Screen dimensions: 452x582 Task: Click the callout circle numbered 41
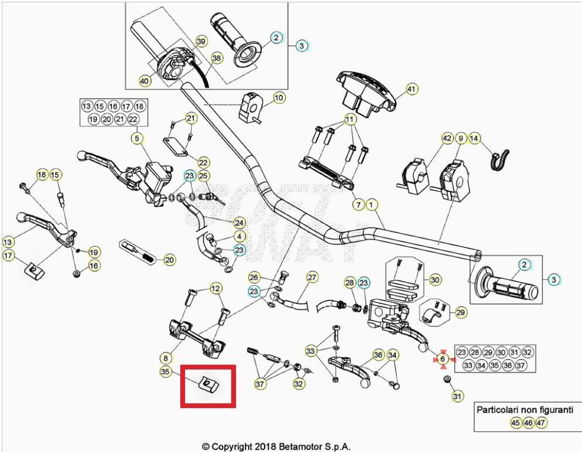pos(412,90)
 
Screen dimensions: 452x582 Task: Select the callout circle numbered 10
pos(279,97)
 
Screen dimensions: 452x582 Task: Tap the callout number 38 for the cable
pos(217,59)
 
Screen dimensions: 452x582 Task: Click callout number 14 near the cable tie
pos(474,139)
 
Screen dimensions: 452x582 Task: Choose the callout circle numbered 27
pos(312,277)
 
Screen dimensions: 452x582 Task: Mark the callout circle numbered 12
pos(216,288)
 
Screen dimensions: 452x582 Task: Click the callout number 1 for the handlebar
pos(371,205)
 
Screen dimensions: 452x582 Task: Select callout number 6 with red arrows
pos(443,359)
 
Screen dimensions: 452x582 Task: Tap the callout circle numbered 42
pos(447,139)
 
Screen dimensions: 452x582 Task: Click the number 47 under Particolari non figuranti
pos(541,423)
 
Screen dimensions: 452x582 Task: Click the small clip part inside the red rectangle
pos(208,384)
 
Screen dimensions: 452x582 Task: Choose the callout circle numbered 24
pos(239,222)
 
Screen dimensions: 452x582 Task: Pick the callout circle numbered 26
pos(254,277)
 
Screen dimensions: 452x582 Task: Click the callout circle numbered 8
pos(166,357)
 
